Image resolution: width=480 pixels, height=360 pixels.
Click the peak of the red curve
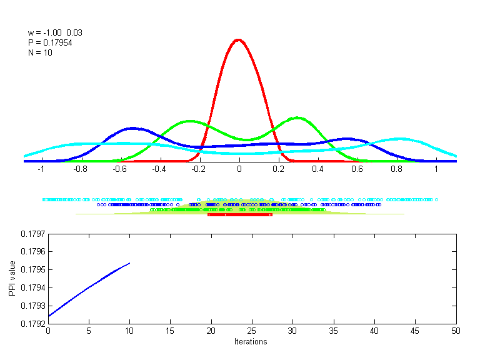pos(238,39)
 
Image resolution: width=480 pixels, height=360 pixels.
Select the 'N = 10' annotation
pos(40,52)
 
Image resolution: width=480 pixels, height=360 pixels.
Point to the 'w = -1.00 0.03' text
pos(55,32)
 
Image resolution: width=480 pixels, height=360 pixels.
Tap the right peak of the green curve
pos(297,117)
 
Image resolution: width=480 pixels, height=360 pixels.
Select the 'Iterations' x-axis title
pos(251,342)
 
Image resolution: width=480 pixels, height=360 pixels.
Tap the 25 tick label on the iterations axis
pos(251,331)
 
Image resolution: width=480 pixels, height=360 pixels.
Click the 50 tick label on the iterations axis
pos(455,331)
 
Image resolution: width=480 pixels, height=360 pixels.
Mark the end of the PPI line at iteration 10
pos(129,263)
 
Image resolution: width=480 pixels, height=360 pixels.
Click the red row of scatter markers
pos(240,214)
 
